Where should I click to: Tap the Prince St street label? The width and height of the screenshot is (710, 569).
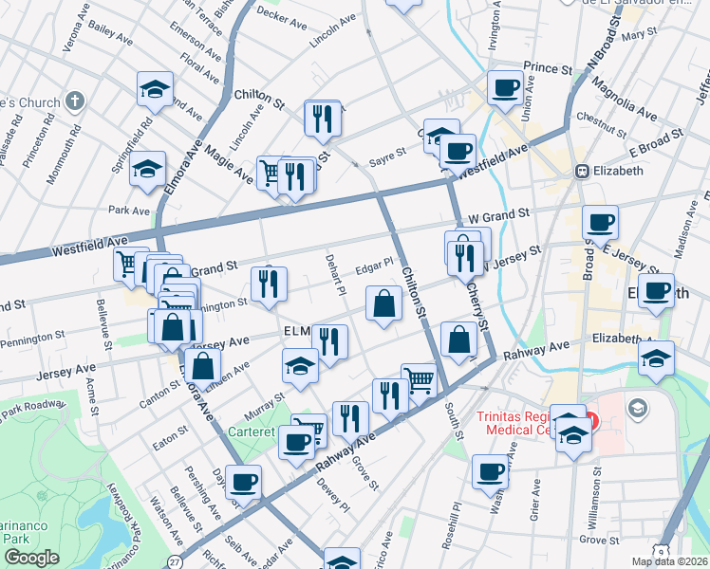(x=548, y=69)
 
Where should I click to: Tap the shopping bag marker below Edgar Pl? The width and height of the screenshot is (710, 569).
(x=384, y=304)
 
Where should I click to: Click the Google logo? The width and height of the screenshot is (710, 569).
(x=31, y=558)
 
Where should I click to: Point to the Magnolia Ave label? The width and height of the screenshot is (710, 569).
(x=623, y=100)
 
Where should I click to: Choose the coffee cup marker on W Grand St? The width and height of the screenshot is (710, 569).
(x=600, y=223)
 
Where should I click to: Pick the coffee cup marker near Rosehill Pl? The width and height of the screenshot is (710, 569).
(x=491, y=471)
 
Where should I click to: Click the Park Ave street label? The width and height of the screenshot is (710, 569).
(x=129, y=210)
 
